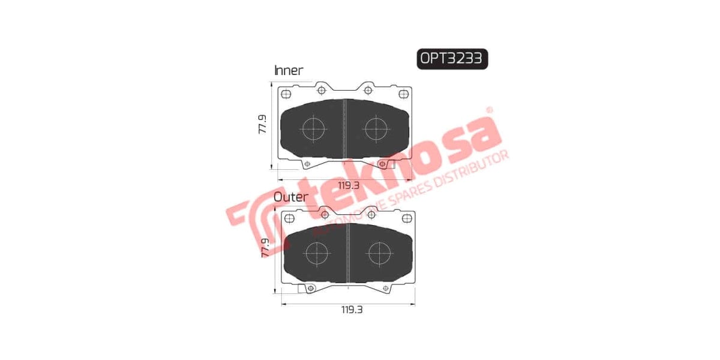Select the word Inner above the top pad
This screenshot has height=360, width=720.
(289, 70)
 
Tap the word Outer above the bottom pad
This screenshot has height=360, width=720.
(291, 197)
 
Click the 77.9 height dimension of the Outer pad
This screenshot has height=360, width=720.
(265, 247)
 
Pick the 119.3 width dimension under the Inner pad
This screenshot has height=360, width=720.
(348, 185)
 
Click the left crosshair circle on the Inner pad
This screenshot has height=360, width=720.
(313, 129)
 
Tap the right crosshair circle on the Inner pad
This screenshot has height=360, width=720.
(376, 129)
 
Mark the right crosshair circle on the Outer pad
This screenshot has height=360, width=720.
(379, 253)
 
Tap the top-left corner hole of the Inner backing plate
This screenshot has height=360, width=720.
(284, 94)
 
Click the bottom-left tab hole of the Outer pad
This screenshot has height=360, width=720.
(310, 289)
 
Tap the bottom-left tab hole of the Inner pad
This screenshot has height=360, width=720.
(307, 164)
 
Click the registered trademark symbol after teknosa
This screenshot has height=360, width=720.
(489, 110)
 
